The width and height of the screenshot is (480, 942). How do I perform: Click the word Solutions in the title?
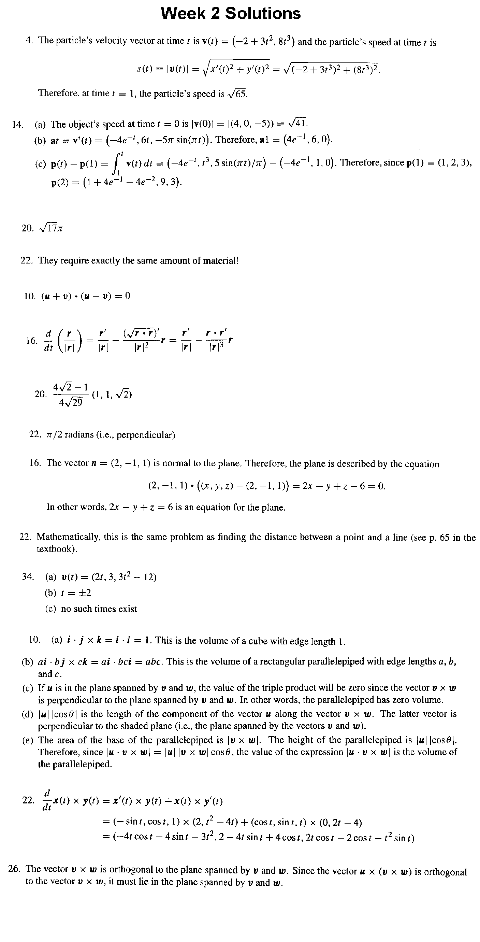pyautogui.click(x=263, y=14)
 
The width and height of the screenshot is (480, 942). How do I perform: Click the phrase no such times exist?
pyautogui.click(x=99, y=609)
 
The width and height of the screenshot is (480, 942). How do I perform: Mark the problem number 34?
pyautogui.click(x=27, y=577)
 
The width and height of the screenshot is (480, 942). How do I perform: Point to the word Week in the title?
pyautogui.click(x=183, y=14)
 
